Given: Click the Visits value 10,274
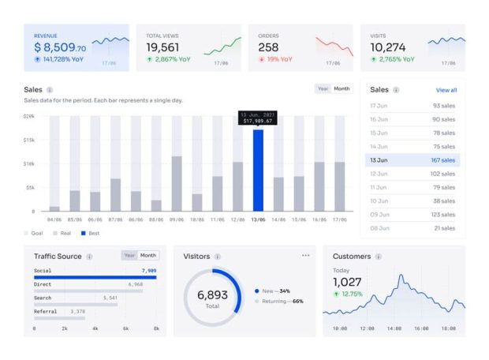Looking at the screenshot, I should [x=388, y=47].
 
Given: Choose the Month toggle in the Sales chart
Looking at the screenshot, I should [x=342, y=89].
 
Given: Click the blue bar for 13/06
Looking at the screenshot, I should [x=258, y=170].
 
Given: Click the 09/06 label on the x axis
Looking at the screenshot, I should [x=176, y=220].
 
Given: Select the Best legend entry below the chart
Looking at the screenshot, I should [x=93, y=234].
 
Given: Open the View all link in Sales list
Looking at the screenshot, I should [x=446, y=90].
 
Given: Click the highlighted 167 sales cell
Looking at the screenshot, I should [x=442, y=160].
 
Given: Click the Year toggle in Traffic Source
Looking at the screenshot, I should [x=130, y=256].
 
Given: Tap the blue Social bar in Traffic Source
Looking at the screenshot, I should [x=95, y=277].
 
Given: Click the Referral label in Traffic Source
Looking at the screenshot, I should [x=46, y=312].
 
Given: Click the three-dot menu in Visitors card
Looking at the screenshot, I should [x=306, y=256].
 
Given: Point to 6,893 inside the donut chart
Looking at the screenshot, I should [x=212, y=294].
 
